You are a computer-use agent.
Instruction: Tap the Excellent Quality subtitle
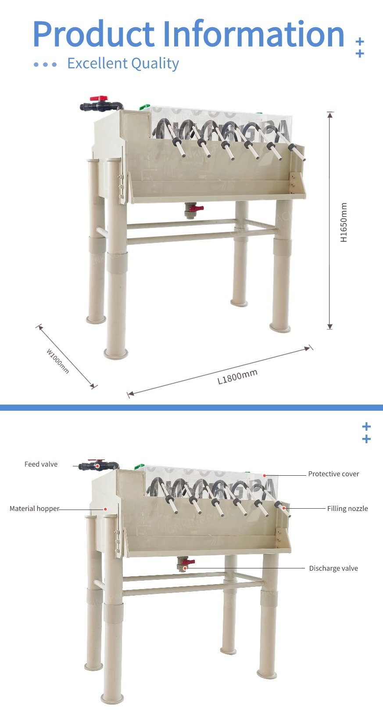click(123, 63)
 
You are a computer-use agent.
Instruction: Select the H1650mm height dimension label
click(344, 222)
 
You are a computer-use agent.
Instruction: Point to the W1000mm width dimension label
click(58, 361)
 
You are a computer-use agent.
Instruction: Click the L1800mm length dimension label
click(237, 377)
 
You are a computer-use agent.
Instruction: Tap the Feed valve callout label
click(41, 464)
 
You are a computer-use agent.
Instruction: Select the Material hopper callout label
click(34, 509)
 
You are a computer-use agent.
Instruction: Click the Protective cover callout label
click(333, 474)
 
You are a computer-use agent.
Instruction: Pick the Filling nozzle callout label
click(347, 509)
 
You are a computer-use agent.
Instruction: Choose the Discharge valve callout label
click(333, 568)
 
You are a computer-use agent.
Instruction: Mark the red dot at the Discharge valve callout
click(185, 568)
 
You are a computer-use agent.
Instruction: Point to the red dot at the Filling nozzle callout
click(284, 508)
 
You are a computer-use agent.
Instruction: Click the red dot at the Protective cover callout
click(265, 475)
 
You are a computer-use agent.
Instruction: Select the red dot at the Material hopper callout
click(105, 509)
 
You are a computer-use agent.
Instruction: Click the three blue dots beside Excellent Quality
click(45, 65)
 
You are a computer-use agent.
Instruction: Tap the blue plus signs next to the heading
click(360, 47)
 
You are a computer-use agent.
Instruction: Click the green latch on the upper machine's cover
click(144, 107)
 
